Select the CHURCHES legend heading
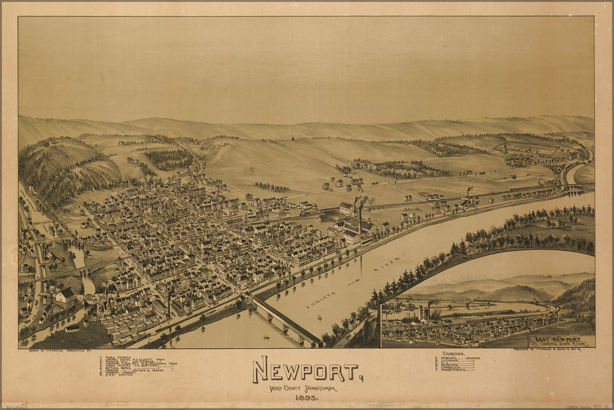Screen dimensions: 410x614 (x=454, y=353)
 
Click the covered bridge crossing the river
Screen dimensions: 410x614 (x=285, y=320)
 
